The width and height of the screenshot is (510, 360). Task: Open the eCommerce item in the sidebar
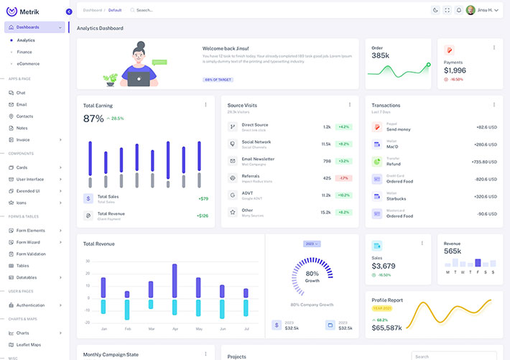pyautogui.click(x=28, y=63)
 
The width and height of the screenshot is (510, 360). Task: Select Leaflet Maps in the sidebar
pyautogui.click(x=29, y=344)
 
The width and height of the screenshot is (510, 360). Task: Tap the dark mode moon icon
pyautogui.click(x=435, y=10)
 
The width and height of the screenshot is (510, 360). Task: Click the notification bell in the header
pyautogui.click(x=458, y=10)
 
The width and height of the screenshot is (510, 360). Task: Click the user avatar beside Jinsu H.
pyautogui.click(x=470, y=10)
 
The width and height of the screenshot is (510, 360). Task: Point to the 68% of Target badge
pyautogui.click(x=218, y=79)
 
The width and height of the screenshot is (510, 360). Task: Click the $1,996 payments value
pyautogui.click(x=455, y=70)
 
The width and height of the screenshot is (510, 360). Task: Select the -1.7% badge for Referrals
pyautogui.click(x=344, y=178)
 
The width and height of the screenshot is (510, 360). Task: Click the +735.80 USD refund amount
pyautogui.click(x=483, y=162)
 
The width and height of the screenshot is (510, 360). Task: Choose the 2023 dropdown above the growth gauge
pyautogui.click(x=312, y=244)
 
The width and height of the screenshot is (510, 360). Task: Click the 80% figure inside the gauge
pyautogui.click(x=312, y=274)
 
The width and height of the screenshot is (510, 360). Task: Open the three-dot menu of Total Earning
pyautogui.click(x=205, y=105)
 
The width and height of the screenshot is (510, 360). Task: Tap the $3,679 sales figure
pyautogui.click(x=384, y=266)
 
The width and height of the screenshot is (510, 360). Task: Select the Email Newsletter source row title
pyautogui.click(x=258, y=159)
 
